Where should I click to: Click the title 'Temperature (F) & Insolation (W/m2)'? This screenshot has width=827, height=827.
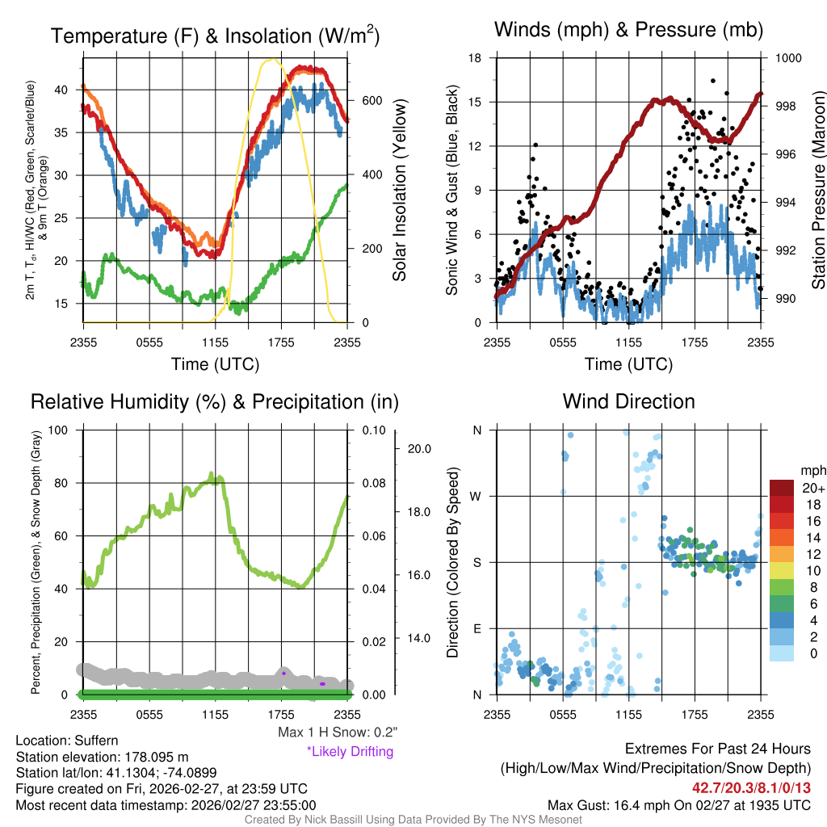coord(215,36)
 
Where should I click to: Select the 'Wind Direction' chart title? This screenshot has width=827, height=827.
coord(628,401)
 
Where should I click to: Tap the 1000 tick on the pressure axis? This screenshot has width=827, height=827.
coord(788,58)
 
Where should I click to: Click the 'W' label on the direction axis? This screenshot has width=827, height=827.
coord(476,496)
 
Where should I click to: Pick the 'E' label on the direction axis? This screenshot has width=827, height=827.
coord(476,628)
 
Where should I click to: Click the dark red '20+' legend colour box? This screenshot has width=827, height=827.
coord(781,489)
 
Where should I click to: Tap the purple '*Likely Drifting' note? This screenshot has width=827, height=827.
coord(350,751)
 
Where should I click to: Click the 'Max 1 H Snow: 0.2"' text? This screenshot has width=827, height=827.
coord(338,733)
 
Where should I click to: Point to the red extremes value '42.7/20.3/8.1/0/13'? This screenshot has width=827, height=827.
coord(750,787)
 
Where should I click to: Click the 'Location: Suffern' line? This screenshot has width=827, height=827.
coord(67,741)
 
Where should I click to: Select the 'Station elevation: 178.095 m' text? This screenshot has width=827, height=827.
coord(102,757)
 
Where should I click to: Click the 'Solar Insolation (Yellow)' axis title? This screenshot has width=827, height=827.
coord(399,191)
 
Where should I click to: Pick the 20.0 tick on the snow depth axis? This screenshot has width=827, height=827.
coord(418,449)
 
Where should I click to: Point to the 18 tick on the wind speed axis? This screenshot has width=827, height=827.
coord(476,58)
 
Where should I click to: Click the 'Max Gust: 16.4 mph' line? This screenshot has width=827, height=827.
coord(678,804)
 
